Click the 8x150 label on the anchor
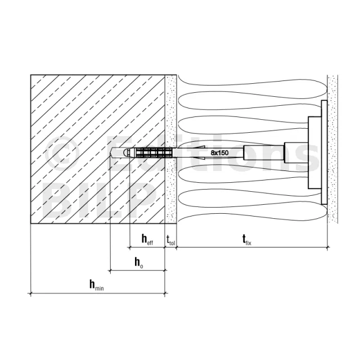coord(219,152)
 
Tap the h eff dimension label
coord(147,239)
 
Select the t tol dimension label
coord(170,240)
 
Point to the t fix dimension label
coord(247,240)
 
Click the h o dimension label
coord(139,262)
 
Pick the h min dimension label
coord(96,285)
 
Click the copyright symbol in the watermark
coord(61,152)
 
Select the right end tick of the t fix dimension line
coord(327,247)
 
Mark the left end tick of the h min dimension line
coord(31,293)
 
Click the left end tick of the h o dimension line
coord(110,271)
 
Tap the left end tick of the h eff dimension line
coord(130,247)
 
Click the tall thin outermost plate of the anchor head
coord(324,152)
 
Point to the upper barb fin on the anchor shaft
coord(199,147)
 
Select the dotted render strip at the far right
coord(332,148)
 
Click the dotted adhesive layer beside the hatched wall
coord(170,148)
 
